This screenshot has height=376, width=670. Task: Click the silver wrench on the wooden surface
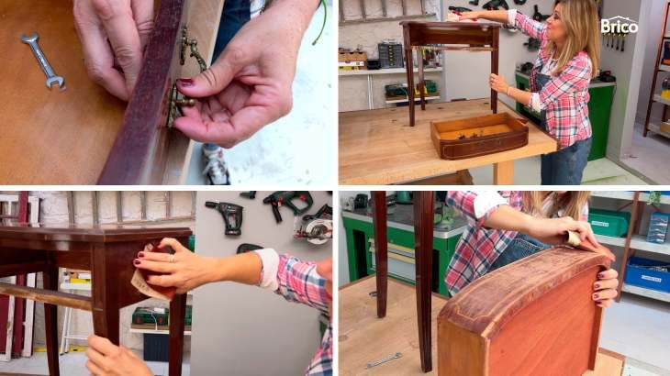pyautogui.click(x=42, y=61)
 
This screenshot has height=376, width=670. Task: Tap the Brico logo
pyautogui.click(x=619, y=26)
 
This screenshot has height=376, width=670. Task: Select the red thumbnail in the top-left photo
pyautogui.click(x=185, y=82)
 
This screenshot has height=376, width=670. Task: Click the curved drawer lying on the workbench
pyautogui.click(x=479, y=136)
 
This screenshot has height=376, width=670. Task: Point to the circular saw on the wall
pyautogui.click(x=313, y=227)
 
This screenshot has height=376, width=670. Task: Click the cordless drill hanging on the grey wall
pyautogui.click(x=227, y=216)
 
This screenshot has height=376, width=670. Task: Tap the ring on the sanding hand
pyautogui.click(x=172, y=259)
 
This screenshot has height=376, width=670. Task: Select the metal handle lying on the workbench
pyautogui.click(x=384, y=360)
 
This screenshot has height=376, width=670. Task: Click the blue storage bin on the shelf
pyautogui.click(x=647, y=274)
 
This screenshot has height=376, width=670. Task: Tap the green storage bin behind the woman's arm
pyautogui.click(x=609, y=223)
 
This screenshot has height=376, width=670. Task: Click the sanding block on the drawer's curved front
pyautogui.click(x=575, y=238)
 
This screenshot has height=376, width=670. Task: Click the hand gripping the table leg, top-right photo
pyautogui.click(x=498, y=83)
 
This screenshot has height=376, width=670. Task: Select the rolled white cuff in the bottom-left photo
pyautogui.click(x=268, y=270)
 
